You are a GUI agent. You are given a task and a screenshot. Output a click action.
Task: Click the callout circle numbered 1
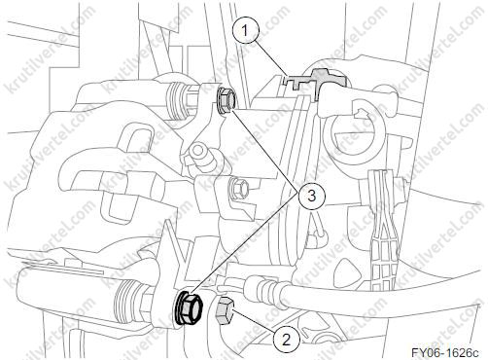(x=246, y=31)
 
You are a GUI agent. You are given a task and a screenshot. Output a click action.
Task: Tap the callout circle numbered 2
(x=286, y=341)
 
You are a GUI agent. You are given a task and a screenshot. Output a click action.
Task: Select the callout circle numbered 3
(x=311, y=196)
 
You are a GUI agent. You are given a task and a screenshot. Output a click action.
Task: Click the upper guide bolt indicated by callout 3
(x=225, y=99)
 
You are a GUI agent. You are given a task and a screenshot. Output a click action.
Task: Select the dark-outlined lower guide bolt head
(x=189, y=307)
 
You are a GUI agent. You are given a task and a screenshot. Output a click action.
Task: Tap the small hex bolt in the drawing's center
(x=238, y=189)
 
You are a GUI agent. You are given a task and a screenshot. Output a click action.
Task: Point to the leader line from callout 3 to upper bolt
(x=265, y=150)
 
